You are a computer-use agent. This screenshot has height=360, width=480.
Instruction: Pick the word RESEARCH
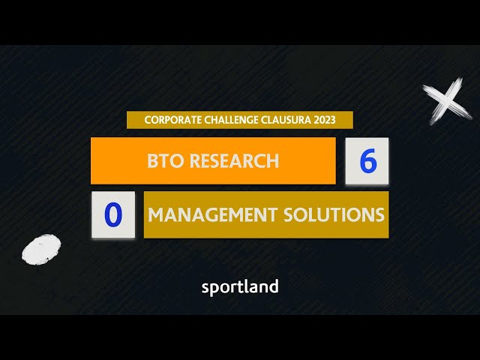234,160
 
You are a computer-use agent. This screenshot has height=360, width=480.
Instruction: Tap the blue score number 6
368,160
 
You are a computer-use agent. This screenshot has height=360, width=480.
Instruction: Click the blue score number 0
113,214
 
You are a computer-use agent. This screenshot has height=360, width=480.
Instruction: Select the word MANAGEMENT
213,214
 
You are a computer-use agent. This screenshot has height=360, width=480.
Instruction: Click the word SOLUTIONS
334,214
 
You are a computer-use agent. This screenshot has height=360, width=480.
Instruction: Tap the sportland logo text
240,287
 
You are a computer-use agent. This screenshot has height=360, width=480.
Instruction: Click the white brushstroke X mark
447,101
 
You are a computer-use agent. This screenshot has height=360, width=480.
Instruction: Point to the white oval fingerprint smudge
41,249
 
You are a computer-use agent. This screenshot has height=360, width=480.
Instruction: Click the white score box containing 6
367,161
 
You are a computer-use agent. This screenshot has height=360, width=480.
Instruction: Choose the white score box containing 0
113,214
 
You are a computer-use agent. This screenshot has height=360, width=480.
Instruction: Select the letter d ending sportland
274,286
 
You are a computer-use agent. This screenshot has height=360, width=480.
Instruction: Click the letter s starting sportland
205,288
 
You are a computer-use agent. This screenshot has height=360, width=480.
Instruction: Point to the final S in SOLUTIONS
379,214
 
